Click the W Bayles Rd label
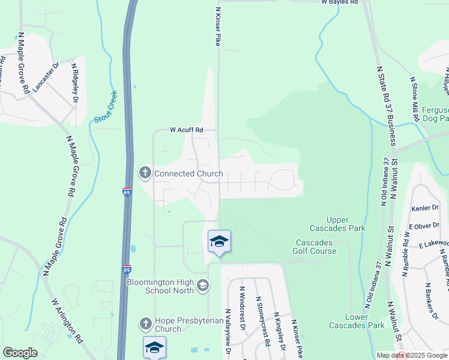point(339,2)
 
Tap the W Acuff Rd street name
point(187,130)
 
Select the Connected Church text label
point(188,174)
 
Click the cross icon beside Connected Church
point(145,173)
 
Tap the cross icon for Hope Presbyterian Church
point(145,324)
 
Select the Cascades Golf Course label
point(315,247)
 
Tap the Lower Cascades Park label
point(356,321)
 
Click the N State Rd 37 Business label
point(387,106)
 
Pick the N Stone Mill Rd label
point(414,95)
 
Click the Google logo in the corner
point(20,353)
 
